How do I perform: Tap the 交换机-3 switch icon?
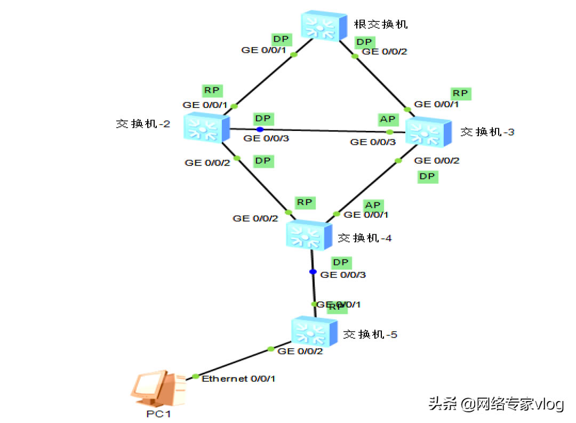point(428,131)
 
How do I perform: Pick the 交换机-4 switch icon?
point(309,235)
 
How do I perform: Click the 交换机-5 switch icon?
point(315,331)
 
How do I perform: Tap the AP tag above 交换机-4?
point(373,205)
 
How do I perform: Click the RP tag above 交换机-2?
point(212,90)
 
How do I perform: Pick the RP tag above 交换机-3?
point(460,93)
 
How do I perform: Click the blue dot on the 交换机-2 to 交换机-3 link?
point(260,129)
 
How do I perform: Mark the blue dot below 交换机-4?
point(313,272)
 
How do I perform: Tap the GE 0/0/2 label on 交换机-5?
point(300,351)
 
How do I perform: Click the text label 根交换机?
point(377,25)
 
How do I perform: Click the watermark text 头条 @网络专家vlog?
point(496,404)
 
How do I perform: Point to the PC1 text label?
point(158,413)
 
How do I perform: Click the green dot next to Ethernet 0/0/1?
point(195,377)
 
